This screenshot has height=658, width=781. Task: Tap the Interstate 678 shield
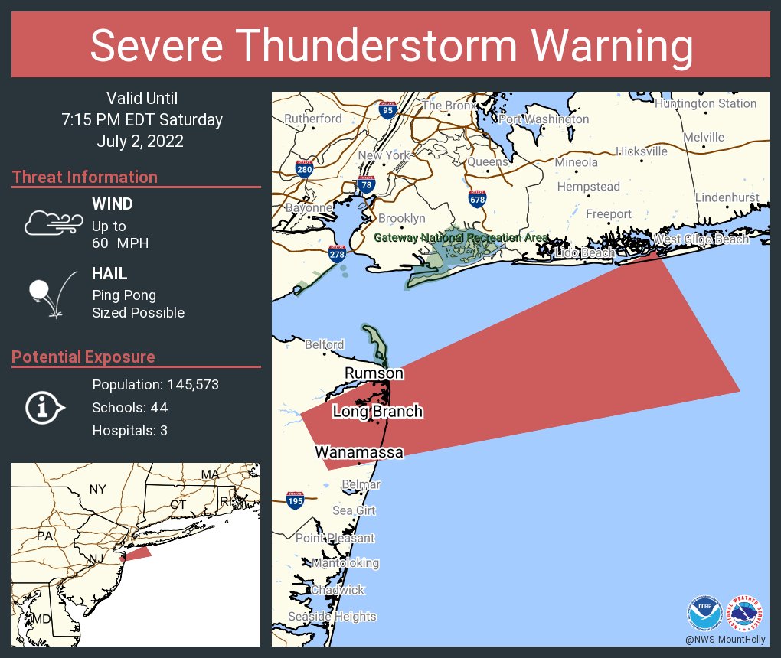tap(478, 200)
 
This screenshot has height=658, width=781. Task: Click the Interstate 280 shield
tap(306, 169)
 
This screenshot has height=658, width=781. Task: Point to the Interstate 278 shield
tap(337, 254)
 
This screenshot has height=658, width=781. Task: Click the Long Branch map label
tap(377, 412)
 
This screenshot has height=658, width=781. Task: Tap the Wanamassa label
tap(359, 452)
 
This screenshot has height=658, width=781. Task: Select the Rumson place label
tap(374, 373)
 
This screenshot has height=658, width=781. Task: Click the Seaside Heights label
tap(332, 617)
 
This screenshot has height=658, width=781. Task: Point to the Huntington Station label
tap(706, 103)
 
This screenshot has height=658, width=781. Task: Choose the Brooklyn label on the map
tap(401, 219)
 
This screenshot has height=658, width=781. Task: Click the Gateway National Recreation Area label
tap(461, 238)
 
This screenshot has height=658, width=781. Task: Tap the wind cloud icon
tap(52, 223)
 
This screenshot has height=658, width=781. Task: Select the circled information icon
tap(44, 408)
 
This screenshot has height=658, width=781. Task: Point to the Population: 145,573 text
tap(155, 385)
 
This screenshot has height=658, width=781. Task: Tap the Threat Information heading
tap(85, 177)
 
